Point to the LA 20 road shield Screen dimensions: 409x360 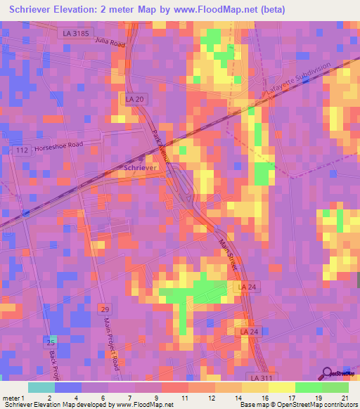click(135, 100)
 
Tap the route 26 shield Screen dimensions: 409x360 click(49, 342)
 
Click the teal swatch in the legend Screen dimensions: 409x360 click(41, 387)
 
